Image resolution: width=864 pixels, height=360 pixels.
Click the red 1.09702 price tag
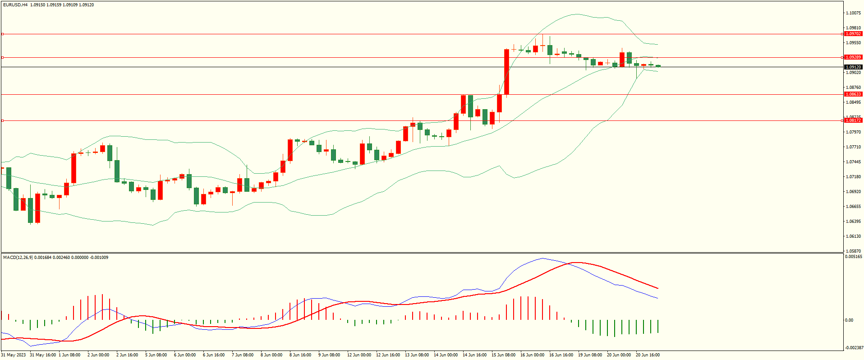click(853, 34)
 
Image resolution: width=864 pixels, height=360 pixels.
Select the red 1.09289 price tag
click(853, 57)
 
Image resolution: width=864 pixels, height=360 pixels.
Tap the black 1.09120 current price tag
click(853, 67)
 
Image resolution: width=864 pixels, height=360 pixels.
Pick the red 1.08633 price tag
click(853, 94)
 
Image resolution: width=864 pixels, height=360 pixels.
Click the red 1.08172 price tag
click(853, 120)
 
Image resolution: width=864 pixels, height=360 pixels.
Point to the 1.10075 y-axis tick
click(853, 13)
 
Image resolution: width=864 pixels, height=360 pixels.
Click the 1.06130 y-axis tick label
click(853, 236)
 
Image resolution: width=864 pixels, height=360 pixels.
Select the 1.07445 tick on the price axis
click(853, 162)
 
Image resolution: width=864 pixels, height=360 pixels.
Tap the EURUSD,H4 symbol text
click(15, 5)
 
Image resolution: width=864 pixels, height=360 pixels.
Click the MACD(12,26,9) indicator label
click(18, 258)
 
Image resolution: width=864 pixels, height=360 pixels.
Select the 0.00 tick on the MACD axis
click(849, 320)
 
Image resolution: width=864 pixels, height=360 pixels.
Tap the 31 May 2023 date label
click(14, 355)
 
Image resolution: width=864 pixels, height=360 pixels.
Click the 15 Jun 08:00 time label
click(503, 355)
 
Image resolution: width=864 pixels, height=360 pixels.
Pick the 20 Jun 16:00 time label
click(648, 355)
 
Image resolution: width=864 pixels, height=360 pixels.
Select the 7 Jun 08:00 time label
click(243, 355)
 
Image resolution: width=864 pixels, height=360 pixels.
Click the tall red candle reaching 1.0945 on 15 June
click(506, 72)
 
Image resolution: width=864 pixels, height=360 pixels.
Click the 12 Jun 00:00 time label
click(359, 355)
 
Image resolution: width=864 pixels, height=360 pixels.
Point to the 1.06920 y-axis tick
click(853, 192)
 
